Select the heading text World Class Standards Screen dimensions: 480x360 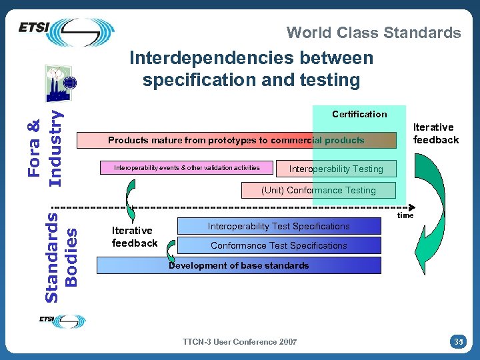coord(373,33)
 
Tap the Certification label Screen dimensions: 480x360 coord(359,114)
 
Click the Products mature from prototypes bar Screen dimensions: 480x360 coord(237,141)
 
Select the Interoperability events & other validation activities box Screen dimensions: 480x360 coord(187,167)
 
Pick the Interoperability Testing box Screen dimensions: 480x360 coord(336,169)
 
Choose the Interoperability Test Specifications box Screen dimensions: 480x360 coord(279,227)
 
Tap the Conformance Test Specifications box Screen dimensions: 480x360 coord(279,245)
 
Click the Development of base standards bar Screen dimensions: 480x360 coord(239,265)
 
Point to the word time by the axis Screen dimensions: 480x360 coord(405,215)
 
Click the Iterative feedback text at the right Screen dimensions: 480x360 coord(436,133)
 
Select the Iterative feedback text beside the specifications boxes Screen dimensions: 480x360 coord(134,237)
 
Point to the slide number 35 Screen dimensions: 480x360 coord(458,342)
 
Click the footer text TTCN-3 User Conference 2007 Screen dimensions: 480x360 coord(239,342)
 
